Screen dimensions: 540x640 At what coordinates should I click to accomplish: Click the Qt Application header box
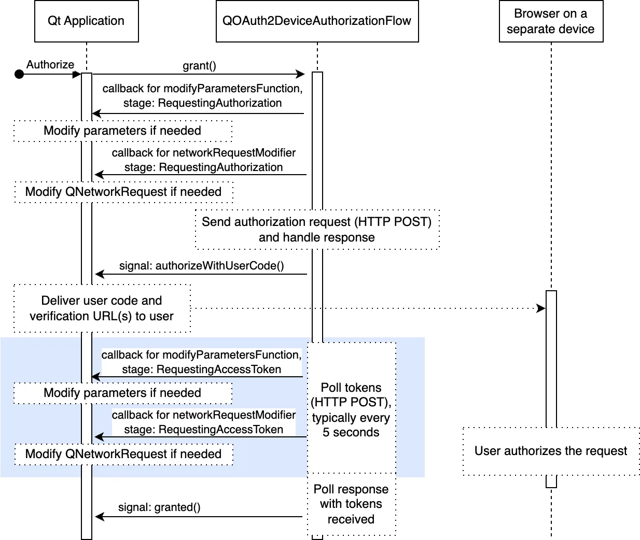[86, 21]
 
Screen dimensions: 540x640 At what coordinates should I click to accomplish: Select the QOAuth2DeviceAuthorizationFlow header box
[317, 21]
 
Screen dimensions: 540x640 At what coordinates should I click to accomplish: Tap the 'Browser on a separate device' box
[551, 21]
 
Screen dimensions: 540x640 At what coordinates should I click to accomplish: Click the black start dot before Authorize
[19, 74]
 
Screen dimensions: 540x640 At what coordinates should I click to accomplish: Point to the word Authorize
[50, 65]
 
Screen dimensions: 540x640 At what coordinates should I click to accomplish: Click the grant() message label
[199, 66]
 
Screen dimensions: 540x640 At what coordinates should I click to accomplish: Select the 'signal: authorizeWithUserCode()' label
[201, 266]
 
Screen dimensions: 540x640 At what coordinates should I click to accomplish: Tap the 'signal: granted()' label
[159, 507]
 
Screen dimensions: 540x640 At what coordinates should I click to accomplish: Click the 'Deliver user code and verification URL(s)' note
[102, 308]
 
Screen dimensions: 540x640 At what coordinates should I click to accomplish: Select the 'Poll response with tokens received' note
[351, 504]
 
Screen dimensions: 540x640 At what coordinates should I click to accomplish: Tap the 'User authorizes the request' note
[551, 451]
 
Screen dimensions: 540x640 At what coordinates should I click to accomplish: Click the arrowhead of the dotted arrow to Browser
[541, 308]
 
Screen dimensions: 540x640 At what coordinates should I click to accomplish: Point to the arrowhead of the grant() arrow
[300, 74]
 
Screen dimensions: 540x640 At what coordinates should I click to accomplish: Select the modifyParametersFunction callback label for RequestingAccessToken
[201, 362]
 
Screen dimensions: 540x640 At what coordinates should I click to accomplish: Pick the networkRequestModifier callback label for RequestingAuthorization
[203, 160]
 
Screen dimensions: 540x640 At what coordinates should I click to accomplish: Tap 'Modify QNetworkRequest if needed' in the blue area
[123, 454]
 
